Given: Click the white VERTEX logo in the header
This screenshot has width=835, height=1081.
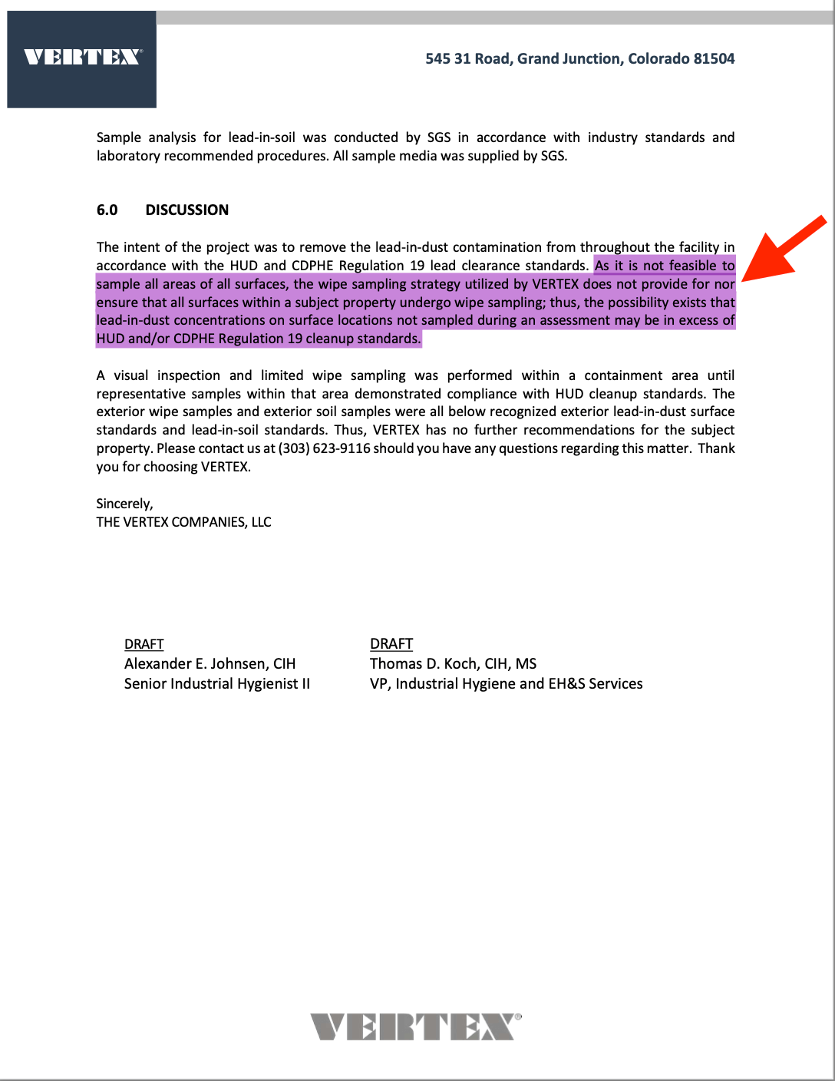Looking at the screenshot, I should (82, 57).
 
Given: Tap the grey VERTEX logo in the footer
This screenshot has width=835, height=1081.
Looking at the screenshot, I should (415, 1026).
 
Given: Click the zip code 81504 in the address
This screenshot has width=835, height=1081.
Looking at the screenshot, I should (714, 58).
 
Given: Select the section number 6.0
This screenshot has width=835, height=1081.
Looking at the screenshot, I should (107, 210).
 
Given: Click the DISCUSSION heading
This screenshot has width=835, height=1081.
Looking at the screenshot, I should (186, 210).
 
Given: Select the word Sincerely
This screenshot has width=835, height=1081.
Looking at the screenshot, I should (124, 504).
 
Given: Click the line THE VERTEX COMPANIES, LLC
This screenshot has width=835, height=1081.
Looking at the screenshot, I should (183, 522).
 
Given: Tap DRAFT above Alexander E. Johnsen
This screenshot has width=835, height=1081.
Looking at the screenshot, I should (144, 644).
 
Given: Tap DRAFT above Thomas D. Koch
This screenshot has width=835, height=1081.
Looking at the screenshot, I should (391, 644).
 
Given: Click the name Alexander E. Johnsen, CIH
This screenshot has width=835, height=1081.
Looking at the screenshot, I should (210, 664).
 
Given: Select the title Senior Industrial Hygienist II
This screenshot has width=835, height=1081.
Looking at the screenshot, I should (217, 684).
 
